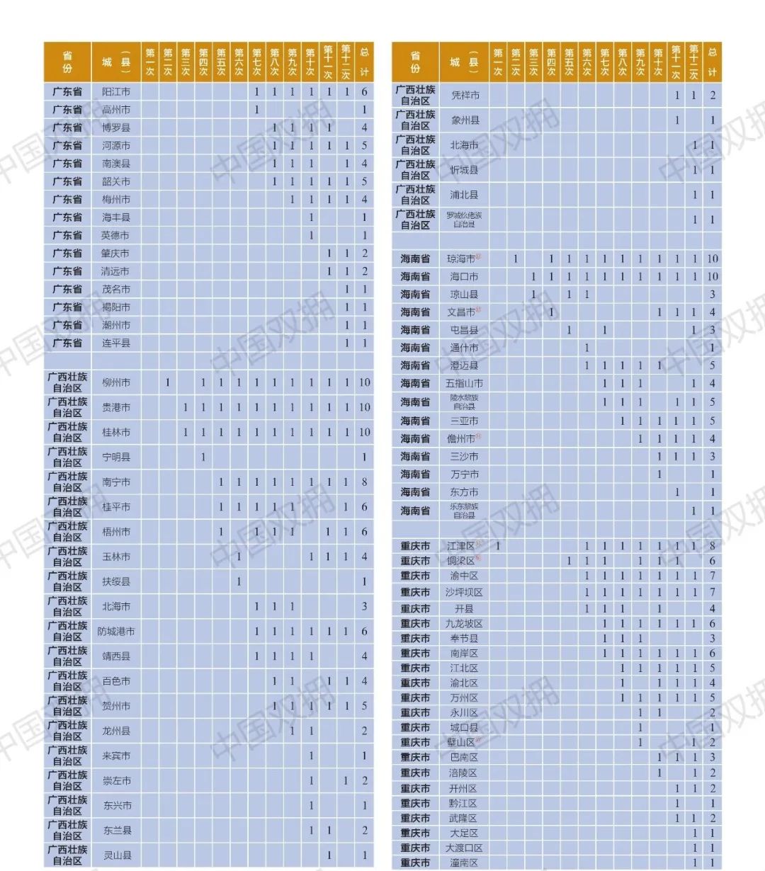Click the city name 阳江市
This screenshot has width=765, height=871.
116,92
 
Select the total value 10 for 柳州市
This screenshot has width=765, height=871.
364,382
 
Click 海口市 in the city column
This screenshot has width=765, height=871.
464,277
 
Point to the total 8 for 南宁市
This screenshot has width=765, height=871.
364,482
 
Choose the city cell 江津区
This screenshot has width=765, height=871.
462,546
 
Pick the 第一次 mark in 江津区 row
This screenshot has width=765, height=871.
498,546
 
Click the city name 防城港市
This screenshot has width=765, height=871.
116,632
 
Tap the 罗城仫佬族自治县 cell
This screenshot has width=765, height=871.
464,220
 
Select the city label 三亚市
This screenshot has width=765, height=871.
464,421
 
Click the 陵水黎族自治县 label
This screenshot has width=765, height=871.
464,402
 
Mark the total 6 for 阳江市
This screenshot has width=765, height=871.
364,92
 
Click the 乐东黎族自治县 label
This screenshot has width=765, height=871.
464,511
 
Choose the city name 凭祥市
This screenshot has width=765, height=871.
465,96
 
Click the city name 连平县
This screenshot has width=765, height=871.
116,343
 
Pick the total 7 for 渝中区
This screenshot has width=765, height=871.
712,576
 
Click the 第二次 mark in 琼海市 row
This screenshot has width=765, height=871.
516,259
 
